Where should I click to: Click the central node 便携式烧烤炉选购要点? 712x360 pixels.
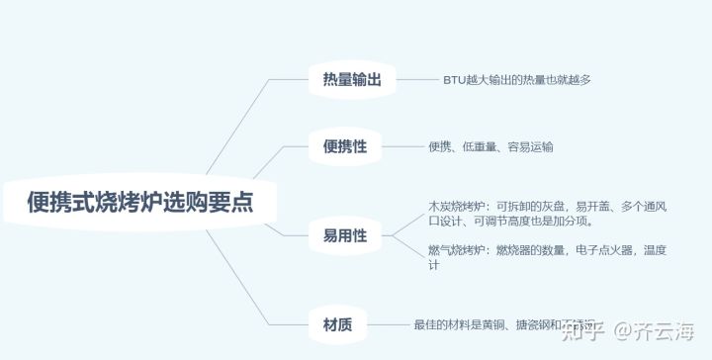[x=140, y=202]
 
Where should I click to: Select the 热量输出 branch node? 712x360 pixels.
[x=351, y=79]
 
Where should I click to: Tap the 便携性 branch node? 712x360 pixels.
[x=344, y=146]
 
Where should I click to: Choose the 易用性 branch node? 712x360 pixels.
[x=344, y=235]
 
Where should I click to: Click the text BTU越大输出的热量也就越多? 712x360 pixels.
[x=516, y=79]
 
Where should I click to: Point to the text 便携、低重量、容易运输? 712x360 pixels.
[x=490, y=146]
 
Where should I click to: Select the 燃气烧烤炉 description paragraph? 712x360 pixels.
[x=546, y=258]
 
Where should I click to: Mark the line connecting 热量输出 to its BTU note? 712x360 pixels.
[x=416, y=79]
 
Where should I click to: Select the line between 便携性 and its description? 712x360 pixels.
[x=402, y=146]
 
